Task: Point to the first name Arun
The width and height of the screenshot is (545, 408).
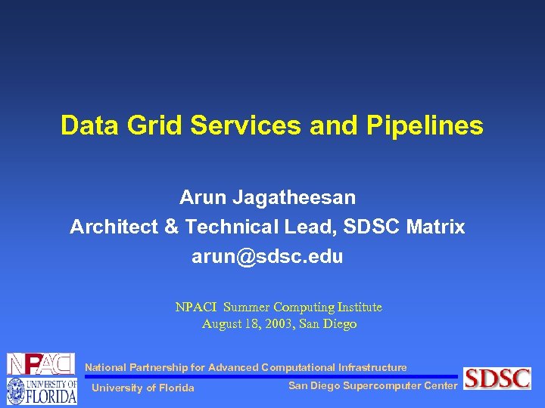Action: [201, 198]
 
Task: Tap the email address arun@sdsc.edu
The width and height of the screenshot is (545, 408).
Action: [267, 256]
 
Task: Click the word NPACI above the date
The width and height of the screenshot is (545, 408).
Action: [196, 308]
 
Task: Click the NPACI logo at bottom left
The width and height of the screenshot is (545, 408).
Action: [41, 364]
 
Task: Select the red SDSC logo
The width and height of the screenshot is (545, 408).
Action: [497, 378]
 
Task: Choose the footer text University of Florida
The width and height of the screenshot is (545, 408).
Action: [142, 388]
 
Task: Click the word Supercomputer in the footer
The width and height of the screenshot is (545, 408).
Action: [378, 386]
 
